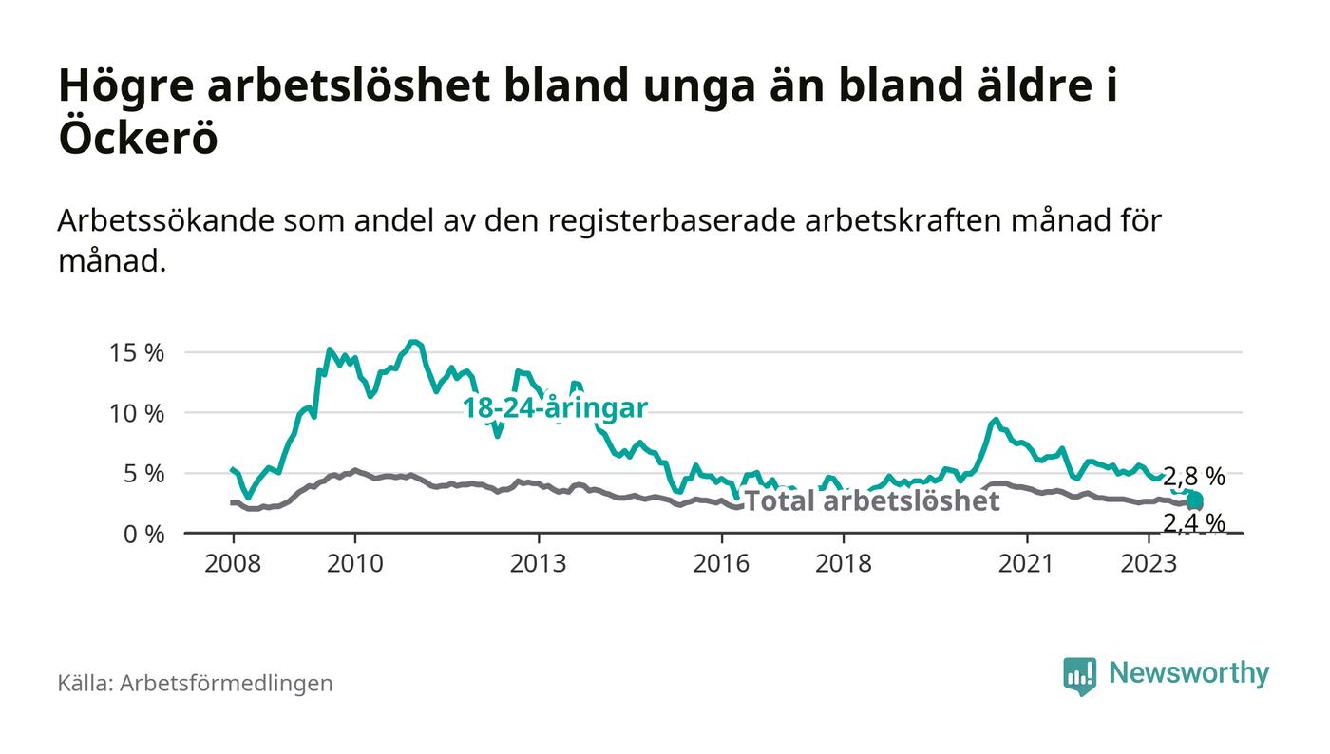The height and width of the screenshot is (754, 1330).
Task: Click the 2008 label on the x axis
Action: coord(233,563)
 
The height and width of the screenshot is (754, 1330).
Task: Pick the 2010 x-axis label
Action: coord(354,563)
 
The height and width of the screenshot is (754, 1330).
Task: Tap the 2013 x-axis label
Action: coord(538,563)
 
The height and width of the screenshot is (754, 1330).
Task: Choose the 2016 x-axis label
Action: coord(721,563)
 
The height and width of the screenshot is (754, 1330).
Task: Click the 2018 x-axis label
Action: coord(844,563)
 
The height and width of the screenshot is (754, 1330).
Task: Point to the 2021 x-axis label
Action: coord(1027,563)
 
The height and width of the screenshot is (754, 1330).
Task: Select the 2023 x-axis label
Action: coord(1149,563)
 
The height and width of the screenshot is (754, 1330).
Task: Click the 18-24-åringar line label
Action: coord(555,408)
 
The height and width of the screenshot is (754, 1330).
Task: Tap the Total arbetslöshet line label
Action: coord(871,500)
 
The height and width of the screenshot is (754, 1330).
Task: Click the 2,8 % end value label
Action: coord(1193,477)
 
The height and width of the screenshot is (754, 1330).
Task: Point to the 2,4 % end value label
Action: coord(1193,522)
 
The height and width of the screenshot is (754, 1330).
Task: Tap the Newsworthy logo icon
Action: coord(1079,675)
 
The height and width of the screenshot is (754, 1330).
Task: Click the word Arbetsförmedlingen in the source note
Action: coord(226,683)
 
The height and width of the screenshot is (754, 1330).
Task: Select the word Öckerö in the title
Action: coord(139,139)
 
